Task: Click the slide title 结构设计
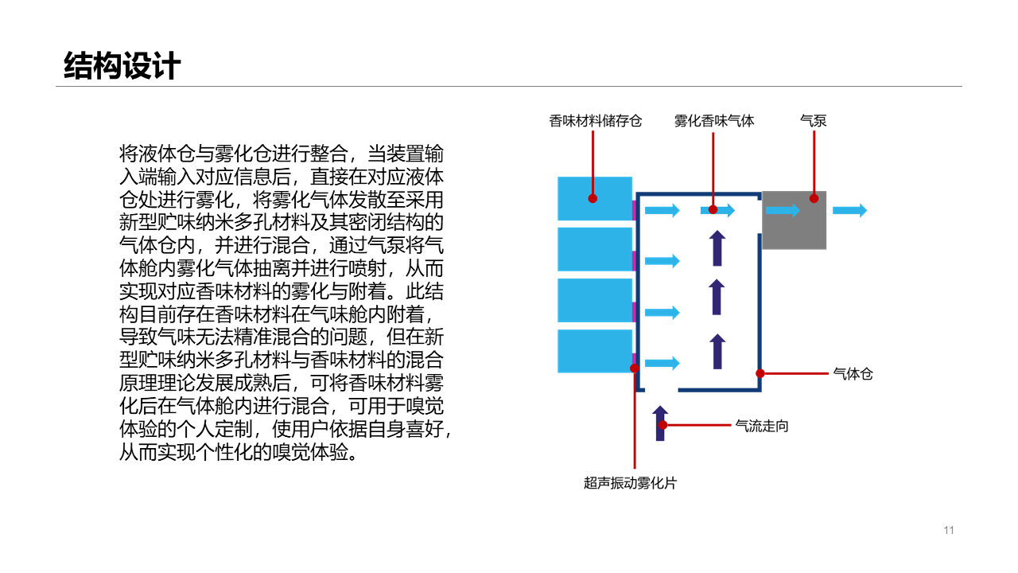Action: click(122, 66)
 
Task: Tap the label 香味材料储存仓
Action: click(596, 121)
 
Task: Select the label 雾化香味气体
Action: click(714, 121)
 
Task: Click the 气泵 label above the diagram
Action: click(813, 121)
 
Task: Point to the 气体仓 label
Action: click(853, 374)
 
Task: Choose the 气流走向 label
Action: click(762, 426)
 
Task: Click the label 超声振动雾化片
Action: click(631, 483)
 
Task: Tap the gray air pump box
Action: click(794, 220)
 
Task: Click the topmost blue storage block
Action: click(595, 199)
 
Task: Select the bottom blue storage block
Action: click(595, 351)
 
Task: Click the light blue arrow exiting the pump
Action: click(850, 210)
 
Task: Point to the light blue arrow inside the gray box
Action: click(783, 210)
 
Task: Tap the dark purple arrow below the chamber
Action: click(660, 423)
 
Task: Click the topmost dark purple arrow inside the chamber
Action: click(717, 248)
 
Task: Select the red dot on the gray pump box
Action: click(814, 198)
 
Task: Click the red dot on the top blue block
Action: click(593, 198)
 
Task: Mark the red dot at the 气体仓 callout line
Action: click(760, 373)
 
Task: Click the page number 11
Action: click(949, 530)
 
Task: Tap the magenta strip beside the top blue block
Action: click(634, 210)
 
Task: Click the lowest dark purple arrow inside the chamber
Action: click(717, 352)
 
